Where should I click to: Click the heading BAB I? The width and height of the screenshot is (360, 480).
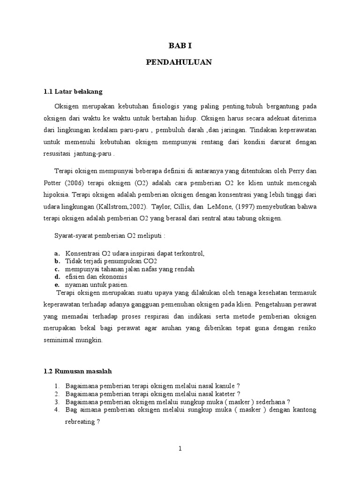tap(180, 46)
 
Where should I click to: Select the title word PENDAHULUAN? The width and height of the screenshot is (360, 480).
tap(180, 62)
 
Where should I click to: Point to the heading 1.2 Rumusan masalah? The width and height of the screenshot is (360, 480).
tap(77, 371)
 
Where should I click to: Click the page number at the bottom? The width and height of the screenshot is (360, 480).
tap(180, 449)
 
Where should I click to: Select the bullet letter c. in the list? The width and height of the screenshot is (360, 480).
tap(57, 270)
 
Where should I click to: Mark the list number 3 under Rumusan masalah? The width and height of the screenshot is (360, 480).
tap(56, 402)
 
